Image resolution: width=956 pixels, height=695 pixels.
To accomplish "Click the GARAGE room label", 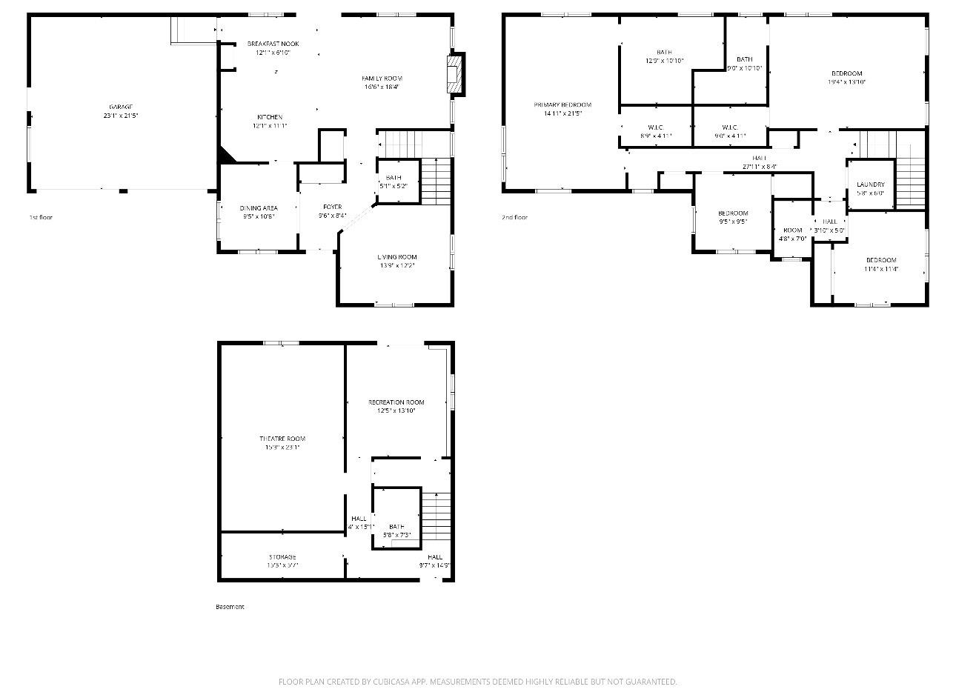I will [122, 107].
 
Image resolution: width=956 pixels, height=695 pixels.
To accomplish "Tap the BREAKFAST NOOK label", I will [273, 44].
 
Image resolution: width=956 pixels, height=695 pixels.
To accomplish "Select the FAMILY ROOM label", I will [382, 78].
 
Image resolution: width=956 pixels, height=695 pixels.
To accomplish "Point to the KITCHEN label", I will [270, 117].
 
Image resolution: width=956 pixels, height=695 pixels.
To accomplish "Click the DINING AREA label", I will [258, 208].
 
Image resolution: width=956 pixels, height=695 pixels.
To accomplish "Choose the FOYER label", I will [332, 207].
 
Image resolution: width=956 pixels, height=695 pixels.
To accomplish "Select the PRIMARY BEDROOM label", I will [562, 104].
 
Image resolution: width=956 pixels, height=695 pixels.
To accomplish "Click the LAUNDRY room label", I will [870, 184].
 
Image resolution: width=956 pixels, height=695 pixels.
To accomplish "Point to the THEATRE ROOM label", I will [282, 439].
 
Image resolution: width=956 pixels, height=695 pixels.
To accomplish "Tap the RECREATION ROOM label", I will [396, 402].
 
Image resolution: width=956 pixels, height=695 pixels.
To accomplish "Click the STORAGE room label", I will [282, 556].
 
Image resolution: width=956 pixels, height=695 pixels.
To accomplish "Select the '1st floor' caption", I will [41, 217].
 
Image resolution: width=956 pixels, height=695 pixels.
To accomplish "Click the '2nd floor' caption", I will [514, 217].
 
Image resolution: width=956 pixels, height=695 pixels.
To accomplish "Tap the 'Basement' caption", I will [230, 606].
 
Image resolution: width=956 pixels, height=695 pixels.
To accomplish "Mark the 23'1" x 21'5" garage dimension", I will [122, 116].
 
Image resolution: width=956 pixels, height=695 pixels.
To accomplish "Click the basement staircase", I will [436, 516].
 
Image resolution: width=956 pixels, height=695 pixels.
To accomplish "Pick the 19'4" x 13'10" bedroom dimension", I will [846, 82].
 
